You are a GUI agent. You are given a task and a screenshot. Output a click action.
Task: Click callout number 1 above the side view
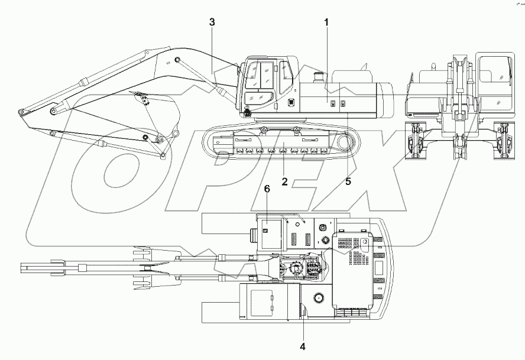(x=326, y=22)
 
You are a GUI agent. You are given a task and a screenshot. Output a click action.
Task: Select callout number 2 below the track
(x=284, y=181)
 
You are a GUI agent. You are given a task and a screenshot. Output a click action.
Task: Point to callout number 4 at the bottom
(x=303, y=346)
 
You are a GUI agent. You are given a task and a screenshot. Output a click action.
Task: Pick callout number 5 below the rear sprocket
(x=348, y=181)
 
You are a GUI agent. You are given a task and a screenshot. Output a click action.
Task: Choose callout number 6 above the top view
(x=267, y=189)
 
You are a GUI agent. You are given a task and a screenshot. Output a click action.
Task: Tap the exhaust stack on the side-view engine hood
(x=319, y=77)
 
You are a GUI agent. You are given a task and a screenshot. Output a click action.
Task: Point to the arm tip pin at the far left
(x=21, y=112)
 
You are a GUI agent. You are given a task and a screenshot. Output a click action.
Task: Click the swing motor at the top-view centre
(x=298, y=270)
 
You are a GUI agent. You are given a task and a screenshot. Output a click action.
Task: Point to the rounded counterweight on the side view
(x=387, y=100)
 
